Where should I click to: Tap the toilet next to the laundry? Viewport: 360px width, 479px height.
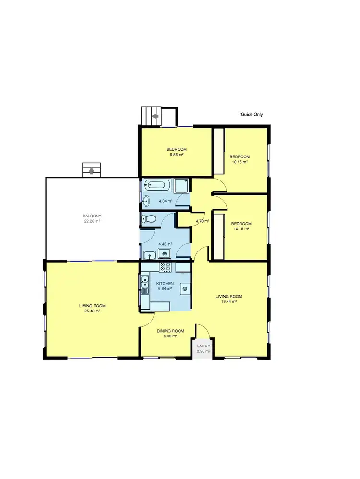coord(148,219)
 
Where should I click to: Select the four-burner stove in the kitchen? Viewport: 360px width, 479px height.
coord(166,266)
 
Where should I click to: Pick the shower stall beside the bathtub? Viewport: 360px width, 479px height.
coord(181,185)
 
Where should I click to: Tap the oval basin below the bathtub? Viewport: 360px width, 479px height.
coord(146,201)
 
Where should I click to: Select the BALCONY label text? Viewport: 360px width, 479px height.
coord(92,216)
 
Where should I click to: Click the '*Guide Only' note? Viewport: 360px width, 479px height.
coord(251,114)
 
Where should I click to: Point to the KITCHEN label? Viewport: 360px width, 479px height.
coord(165,284)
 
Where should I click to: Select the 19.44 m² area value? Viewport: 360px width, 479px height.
coord(228,302)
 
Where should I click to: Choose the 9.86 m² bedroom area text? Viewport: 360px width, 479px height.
coord(176,155)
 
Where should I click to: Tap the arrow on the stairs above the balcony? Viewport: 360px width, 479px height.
coord(92,169)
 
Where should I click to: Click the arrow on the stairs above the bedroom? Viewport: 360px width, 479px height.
coord(156,116)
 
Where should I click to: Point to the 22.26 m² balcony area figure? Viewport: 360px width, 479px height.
coord(92,221)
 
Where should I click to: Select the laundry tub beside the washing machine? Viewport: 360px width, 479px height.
coord(149,254)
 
